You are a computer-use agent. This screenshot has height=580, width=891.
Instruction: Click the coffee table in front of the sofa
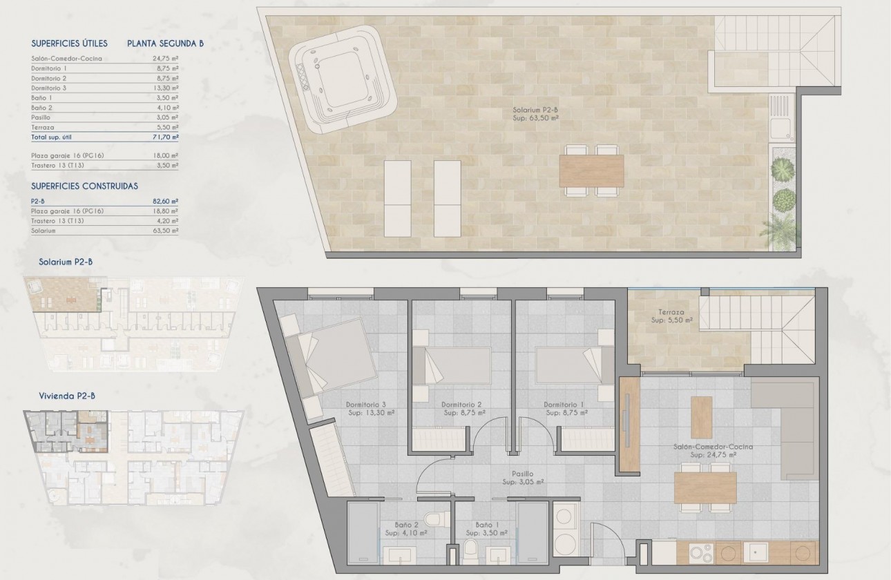click(x=702, y=417)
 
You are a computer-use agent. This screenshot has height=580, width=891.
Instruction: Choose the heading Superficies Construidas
click(x=84, y=186)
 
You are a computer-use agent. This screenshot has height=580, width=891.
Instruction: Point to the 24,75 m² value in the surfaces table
click(x=165, y=59)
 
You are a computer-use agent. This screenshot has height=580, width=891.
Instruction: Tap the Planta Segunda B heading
click(x=165, y=43)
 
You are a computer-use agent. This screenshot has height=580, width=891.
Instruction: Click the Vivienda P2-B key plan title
click(x=67, y=396)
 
